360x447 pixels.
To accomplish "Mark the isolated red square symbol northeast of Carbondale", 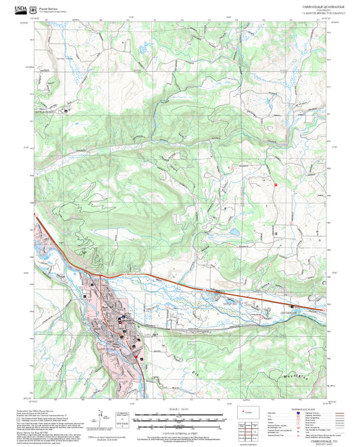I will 276,183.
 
